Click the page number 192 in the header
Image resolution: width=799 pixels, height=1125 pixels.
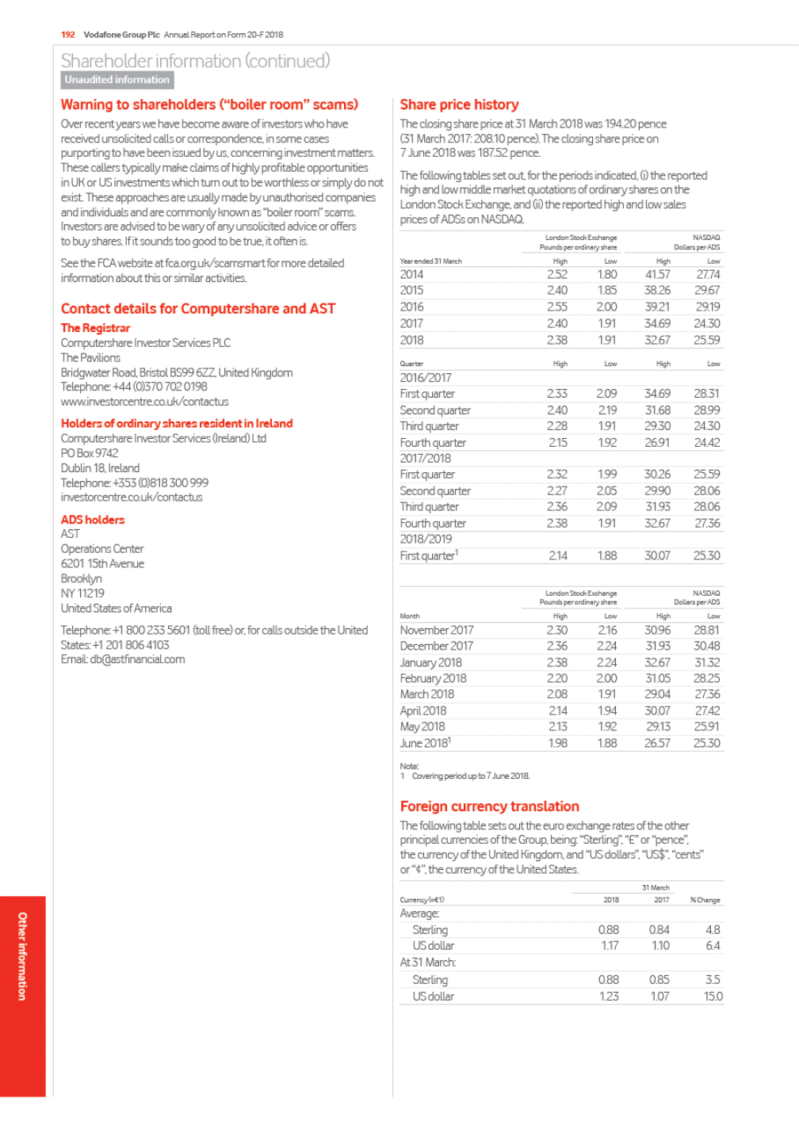click(68, 35)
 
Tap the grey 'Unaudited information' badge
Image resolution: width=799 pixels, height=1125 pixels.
click(117, 80)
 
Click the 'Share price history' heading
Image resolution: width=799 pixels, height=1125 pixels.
click(459, 105)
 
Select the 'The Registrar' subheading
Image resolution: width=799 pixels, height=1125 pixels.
click(95, 328)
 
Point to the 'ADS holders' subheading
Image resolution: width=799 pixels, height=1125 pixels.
click(93, 520)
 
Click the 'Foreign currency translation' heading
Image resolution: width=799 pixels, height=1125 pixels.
click(489, 807)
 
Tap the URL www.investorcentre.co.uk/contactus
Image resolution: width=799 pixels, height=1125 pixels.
click(144, 402)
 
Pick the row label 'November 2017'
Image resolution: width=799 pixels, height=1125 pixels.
click(437, 631)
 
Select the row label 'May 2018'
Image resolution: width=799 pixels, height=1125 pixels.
click(422, 726)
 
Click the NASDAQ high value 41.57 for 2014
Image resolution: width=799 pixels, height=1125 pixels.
click(657, 275)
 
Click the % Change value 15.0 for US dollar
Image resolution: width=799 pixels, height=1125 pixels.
click(713, 997)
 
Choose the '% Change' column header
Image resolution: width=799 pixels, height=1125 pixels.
click(705, 900)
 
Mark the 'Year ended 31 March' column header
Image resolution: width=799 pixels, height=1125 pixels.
click(430, 261)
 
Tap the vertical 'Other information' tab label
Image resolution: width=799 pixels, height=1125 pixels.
click(22, 955)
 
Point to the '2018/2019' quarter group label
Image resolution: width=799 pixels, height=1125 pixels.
click(426, 539)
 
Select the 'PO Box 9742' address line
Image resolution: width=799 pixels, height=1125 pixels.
click(90, 453)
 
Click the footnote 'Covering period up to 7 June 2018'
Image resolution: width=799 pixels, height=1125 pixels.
click(471, 776)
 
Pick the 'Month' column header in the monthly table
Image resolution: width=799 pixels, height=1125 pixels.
click(410, 616)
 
